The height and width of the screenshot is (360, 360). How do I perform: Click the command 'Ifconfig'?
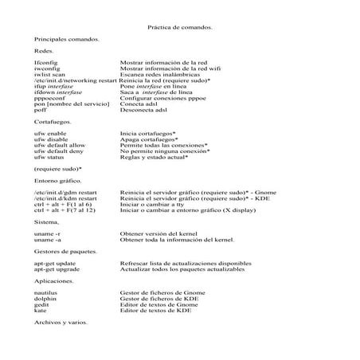coord(46,62)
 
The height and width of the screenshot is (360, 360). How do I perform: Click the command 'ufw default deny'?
coord(61,151)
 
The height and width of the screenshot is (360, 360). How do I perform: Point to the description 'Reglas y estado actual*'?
coord(154,158)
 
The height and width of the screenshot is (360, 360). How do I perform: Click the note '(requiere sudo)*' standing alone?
coord(58,170)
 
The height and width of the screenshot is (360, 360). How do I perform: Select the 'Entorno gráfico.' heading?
coord(58,182)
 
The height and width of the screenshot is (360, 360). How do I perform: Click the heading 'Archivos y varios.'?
coord(61,323)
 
